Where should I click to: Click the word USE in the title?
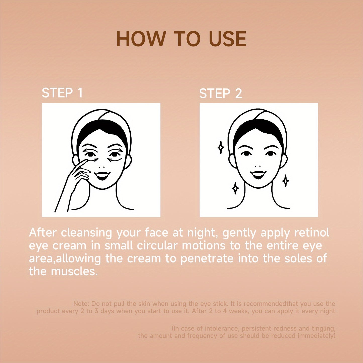[x=226, y=39]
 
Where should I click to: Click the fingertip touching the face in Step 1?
[x=86, y=161]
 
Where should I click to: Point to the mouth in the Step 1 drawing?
[x=102, y=176]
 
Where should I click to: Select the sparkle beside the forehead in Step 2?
[x=221, y=147]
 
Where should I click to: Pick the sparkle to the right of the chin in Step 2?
[x=286, y=181]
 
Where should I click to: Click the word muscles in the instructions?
[x=75, y=271]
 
